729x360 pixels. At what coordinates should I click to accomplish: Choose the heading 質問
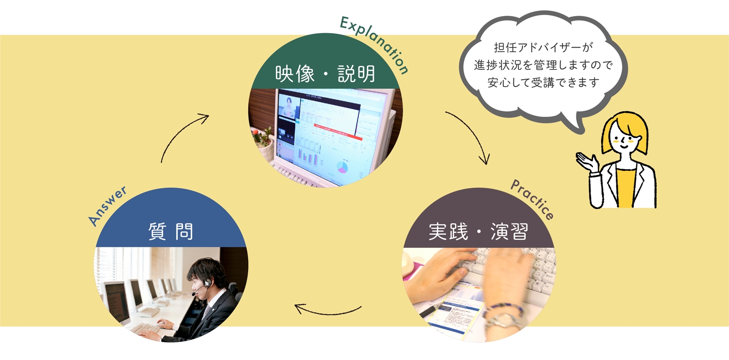(x=171, y=232)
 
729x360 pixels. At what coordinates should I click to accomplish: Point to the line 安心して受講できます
(x=543, y=83)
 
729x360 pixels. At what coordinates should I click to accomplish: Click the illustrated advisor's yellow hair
(x=627, y=127)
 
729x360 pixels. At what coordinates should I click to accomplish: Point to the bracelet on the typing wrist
(x=503, y=311)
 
